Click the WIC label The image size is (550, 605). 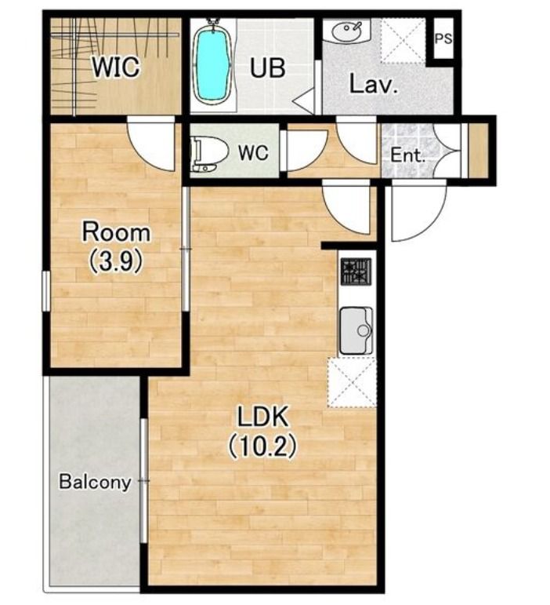click(115, 67)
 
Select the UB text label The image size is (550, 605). click(268, 67)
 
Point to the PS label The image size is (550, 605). click(443, 38)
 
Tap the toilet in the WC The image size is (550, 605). click(206, 153)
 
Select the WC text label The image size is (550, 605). click(253, 152)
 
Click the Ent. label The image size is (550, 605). click(408, 155)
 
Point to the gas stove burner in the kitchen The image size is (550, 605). click(356, 272)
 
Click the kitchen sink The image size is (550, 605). click(356, 330)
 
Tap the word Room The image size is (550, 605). click(116, 232)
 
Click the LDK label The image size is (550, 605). click(262, 417)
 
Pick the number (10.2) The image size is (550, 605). click(262, 446)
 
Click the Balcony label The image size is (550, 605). click(95, 483)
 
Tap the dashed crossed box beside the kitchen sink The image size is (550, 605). click(352, 382)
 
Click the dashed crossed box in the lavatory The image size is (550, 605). click(403, 41)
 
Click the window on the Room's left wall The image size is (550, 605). click(46, 291)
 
